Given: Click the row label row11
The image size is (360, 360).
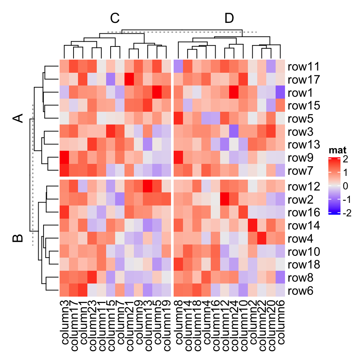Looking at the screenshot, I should coord(303,67).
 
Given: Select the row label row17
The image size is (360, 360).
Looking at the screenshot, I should coord(303,80).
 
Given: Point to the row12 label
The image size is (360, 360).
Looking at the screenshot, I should coord(303,186).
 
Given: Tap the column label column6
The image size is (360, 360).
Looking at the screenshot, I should coord(280,322).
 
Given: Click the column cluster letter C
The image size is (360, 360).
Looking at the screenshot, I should coord(114,18).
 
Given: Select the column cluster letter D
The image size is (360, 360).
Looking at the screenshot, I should coord(229,18).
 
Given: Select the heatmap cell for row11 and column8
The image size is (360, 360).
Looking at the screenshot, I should coord(178,66).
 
